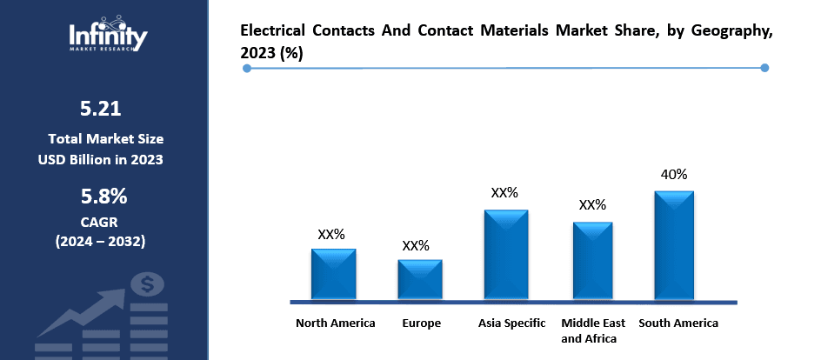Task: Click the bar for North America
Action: click(333, 274)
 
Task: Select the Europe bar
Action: click(420, 279)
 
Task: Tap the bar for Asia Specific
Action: click(506, 255)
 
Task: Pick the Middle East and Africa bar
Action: click(592, 261)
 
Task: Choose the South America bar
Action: click(674, 245)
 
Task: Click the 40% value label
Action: click(674, 175)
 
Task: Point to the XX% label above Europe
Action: click(416, 245)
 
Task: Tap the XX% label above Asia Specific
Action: click(504, 193)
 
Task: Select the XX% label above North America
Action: click(331, 234)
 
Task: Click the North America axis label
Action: click(336, 323)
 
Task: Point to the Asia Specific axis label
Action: click(511, 323)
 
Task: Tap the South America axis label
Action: click(678, 323)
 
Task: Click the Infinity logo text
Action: click(108, 37)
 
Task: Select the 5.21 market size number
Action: click(101, 109)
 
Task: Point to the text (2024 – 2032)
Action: click(101, 240)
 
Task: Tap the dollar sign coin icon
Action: click(147, 283)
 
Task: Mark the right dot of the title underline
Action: click(764, 68)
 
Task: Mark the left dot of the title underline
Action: click(247, 68)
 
